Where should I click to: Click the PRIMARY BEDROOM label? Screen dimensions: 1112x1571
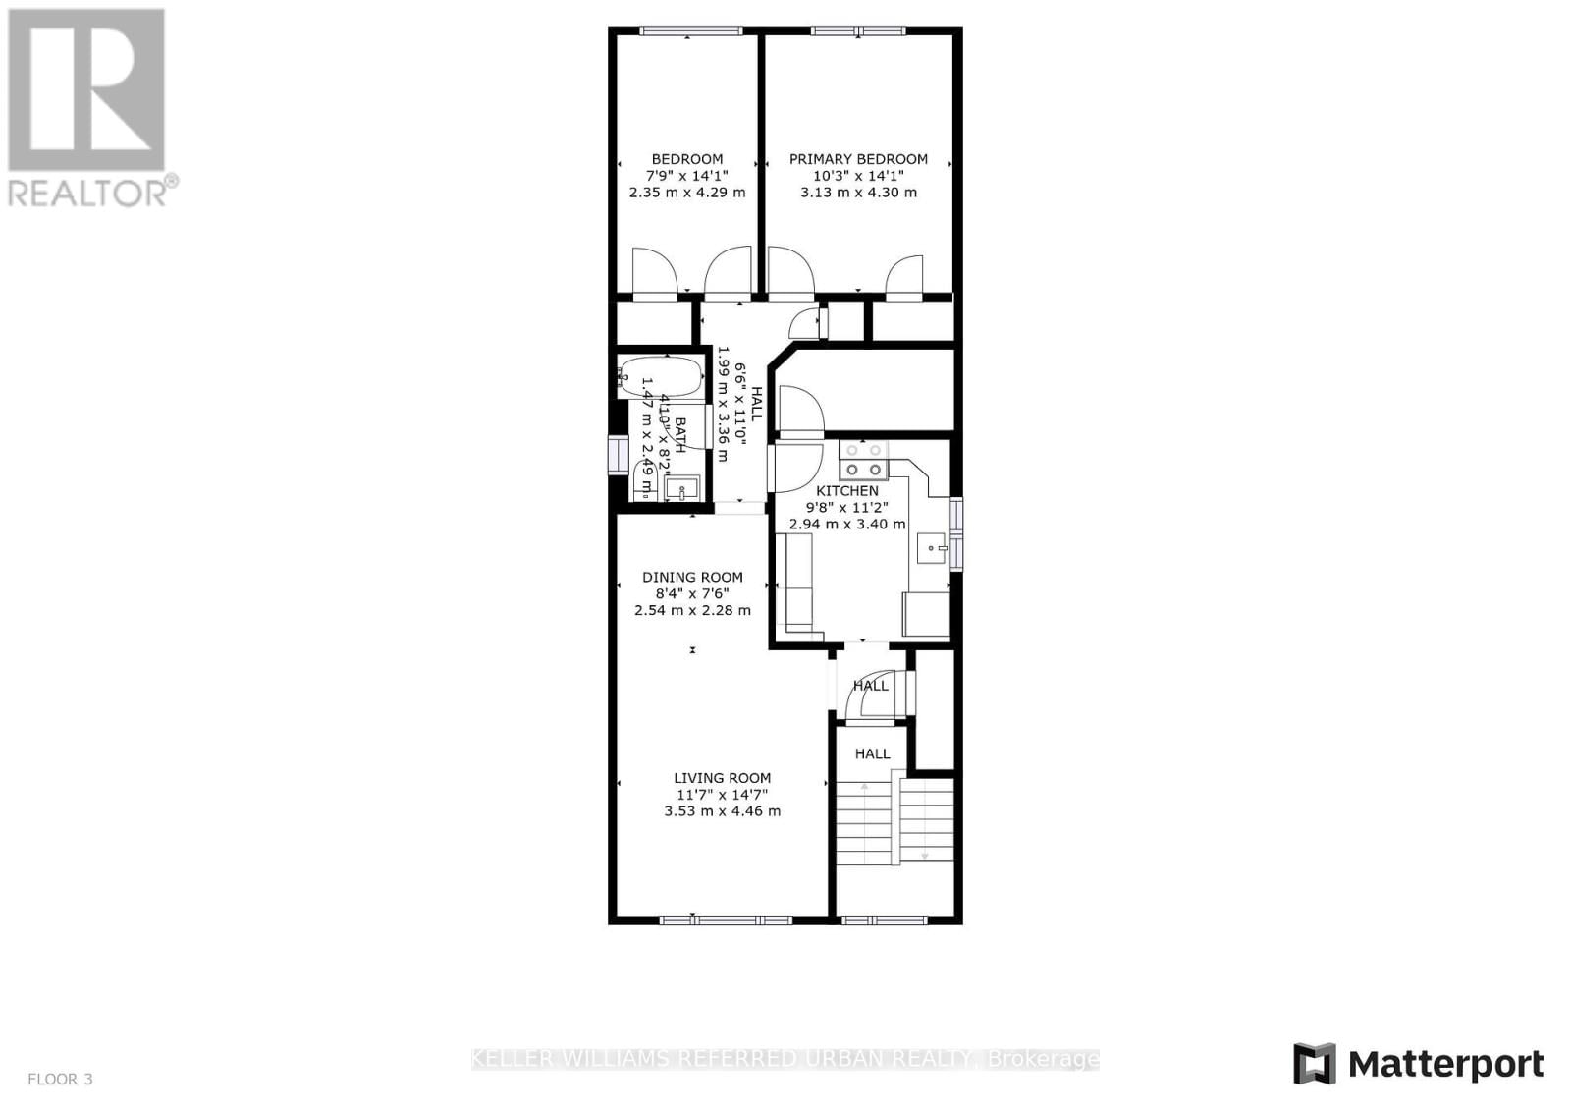[858, 159]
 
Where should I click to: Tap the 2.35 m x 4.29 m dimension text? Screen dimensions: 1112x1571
[687, 193]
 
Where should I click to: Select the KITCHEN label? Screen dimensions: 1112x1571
[847, 490]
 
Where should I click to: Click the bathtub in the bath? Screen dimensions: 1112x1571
[660, 375]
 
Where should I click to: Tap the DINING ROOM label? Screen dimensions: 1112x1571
[692, 577]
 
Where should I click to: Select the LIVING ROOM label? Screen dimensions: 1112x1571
[722, 778]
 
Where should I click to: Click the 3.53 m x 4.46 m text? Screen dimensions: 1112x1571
[722, 811]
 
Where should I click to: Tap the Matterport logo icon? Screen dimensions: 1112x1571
[1315, 1064]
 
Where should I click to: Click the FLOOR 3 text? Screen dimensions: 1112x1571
[60, 1079]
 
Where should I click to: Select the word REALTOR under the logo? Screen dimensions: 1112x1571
[87, 192]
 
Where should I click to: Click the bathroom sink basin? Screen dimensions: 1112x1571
[680, 487]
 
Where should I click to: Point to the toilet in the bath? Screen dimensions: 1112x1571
[645, 480]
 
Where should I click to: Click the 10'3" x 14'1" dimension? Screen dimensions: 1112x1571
[858, 176]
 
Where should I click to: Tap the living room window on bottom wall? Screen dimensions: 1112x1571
[725, 919]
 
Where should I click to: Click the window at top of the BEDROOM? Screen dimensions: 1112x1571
[686, 31]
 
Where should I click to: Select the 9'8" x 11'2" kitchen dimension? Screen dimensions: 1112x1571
[847, 507]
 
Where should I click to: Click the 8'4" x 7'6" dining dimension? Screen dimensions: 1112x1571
[692, 593]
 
